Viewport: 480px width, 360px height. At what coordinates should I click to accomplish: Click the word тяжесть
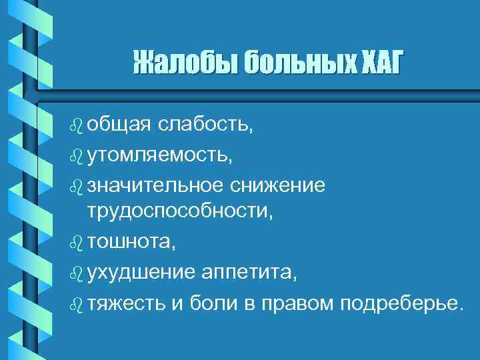pyautogui.click(x=124, y=303)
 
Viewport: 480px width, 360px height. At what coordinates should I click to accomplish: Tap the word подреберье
pyautogui.click(x=400, y=303)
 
